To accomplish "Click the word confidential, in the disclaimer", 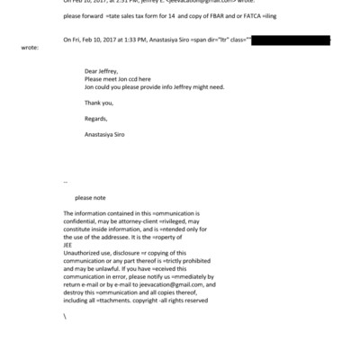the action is (x=82, y=221).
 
